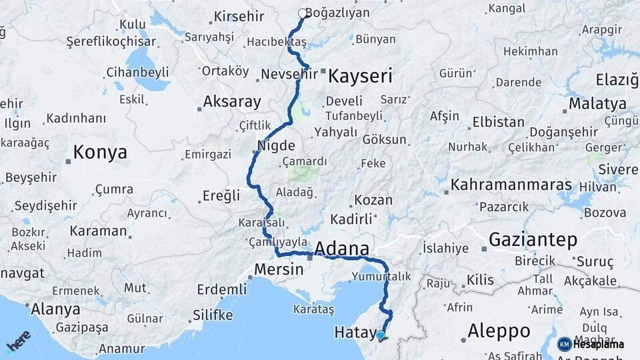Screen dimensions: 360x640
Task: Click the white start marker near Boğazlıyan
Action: pyautogui.click(x=302, y=13)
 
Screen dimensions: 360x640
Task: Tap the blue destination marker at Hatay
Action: pyautogui.click(x=380, y=335)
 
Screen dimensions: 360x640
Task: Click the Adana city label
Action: pyautogui.click(x=341, y=249)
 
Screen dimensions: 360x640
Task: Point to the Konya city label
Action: pyautogui.click(x=100, y=152)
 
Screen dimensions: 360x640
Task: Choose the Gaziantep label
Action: pyautogui.click(x=533, y=240)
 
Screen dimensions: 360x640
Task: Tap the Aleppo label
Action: pyautogui.click(x=499, y=331)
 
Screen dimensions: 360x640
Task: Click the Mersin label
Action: pyautogui.click(x=278, y=270)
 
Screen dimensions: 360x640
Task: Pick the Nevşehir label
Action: pyautogui.click(x=289, y=73)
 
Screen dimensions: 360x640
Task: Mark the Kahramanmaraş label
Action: pyautogui.click(x=511, y=185)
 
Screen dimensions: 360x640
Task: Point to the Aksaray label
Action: pyautogui.click(x=231, y=102)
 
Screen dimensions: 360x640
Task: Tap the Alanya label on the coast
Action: pyautogui.click(x=56, y=309)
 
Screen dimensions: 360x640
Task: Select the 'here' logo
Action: pyautogui.click(x=18, y=341)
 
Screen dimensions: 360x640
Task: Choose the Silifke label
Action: pyautogui.click(x=212, y=315)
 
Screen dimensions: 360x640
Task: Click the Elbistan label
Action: pyautogui.click(x=498, y=122)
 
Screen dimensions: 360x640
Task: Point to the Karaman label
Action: pyautogui.click(x=99, y=231)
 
